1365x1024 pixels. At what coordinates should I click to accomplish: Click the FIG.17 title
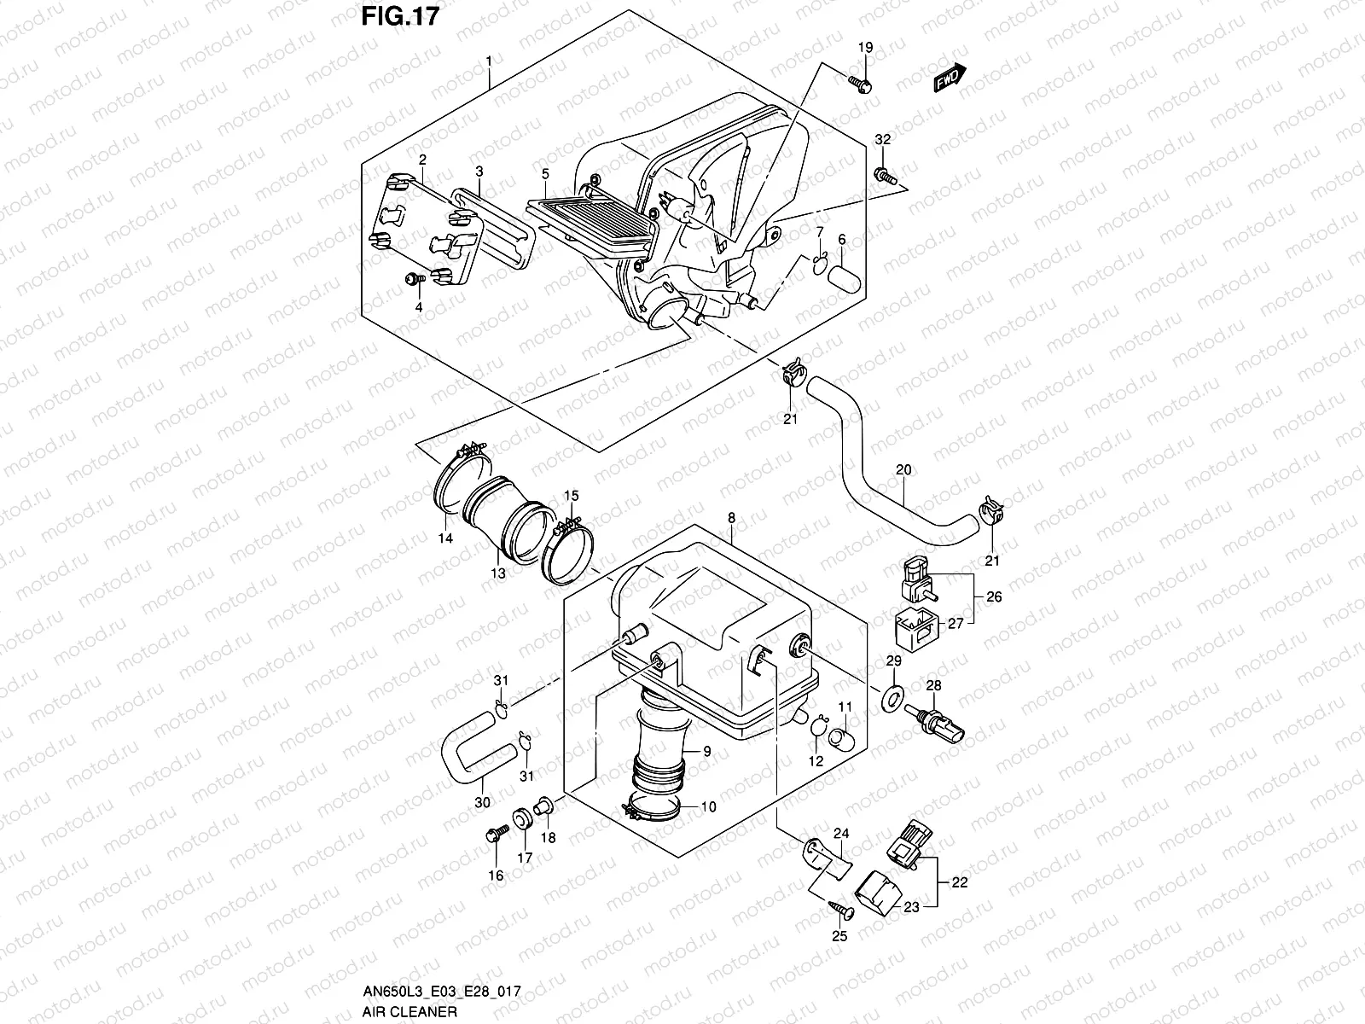point(400,16)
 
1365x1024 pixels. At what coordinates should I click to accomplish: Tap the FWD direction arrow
point(950,78)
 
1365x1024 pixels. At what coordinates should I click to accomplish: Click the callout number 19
point(866,47)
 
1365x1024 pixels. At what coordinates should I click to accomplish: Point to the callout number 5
point(545,174)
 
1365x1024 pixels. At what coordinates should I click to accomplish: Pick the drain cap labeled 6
point(845,277)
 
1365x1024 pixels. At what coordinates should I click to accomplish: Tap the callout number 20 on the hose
point(903,470)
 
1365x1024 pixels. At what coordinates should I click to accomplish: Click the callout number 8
point(731,518)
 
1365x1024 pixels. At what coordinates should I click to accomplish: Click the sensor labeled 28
point(932,724)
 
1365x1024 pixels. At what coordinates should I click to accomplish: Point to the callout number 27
point(955,624)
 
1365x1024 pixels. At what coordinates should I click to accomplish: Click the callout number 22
point(960,883)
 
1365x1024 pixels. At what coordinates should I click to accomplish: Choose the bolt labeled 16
point(497,835)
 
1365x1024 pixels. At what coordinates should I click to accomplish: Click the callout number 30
point(483,803)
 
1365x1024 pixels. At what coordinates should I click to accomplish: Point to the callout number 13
point(498,573)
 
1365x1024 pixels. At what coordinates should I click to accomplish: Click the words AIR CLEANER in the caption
point(409,1011)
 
